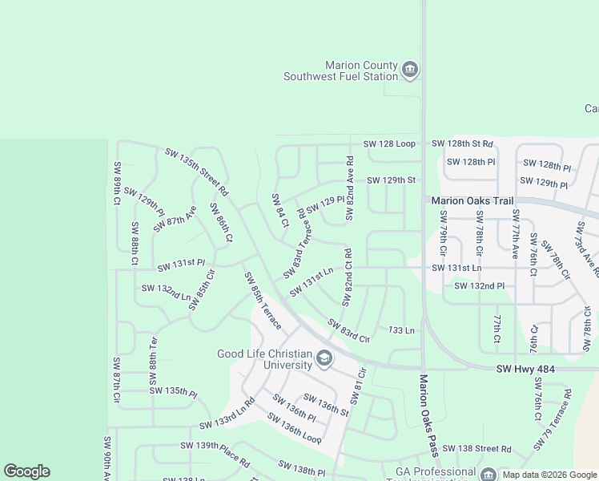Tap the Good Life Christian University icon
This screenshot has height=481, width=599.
pyautogui.click(x=324, y=358)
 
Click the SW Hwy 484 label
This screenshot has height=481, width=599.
pyautogui.click(x=526, y=368)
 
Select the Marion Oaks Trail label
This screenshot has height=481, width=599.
pyautogui.click(x=471, y=201)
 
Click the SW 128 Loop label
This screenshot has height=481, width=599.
pyautogui.click(x=389, y=143)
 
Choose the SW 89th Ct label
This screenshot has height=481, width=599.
pyautogui.click(x=117, y=184)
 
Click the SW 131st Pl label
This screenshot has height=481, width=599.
pyautogui.click(x=181, y=265)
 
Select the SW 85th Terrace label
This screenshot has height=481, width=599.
pyautogui.click(x=263, y=301)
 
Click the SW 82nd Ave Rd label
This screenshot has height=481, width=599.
pyautogui.click(x=349, y=189)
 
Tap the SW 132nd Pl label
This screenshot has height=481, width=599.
pyautogui.click(x=479, y=285)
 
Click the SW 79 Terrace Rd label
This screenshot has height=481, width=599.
pyautogui.click(x=557, y=416)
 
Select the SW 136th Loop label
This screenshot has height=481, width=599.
pyautogui.click(x=294, y=429)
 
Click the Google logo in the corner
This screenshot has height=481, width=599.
pyautogui.click(x=26, y=471)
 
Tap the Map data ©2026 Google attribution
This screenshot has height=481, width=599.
pyautogui.click(x=549, y=475)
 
